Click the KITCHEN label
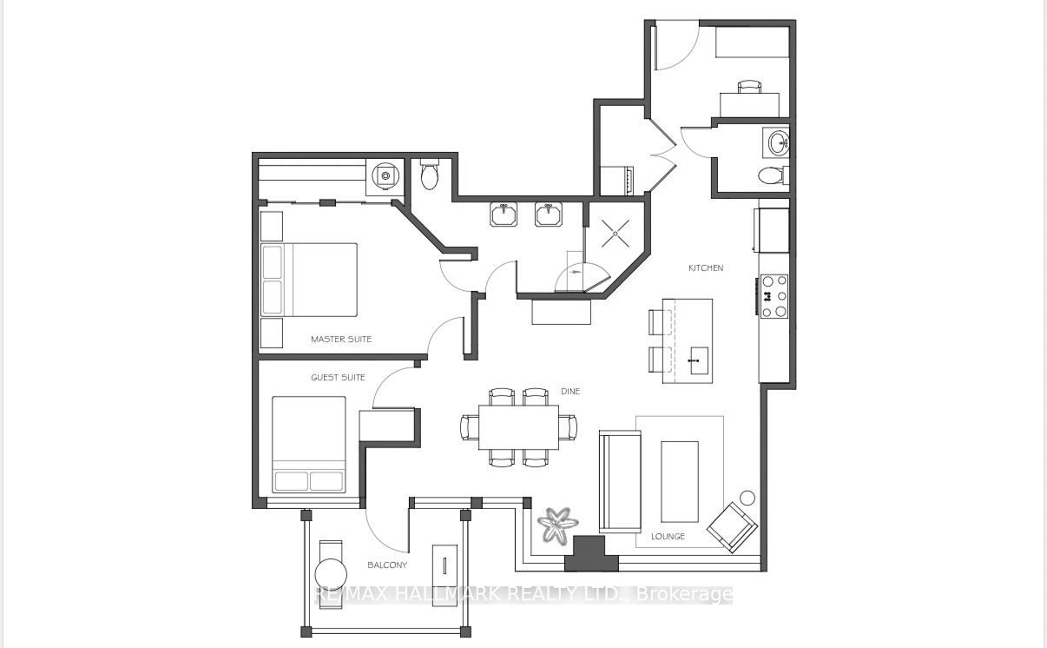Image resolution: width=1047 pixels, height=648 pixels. (706, 268)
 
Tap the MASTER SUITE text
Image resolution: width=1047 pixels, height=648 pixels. (341, 339)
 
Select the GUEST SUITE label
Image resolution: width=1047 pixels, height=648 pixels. (338, 377)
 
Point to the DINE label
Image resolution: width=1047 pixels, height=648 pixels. (570, 392)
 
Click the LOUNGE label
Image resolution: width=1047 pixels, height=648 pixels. (668, 536)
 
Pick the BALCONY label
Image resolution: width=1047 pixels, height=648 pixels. (387, 565)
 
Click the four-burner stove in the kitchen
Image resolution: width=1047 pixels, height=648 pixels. (774, 296)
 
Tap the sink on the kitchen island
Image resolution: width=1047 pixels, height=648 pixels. (699, 360)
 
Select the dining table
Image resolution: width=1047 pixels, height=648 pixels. (518, 427)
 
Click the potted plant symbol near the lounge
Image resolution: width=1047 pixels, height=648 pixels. (557, 525)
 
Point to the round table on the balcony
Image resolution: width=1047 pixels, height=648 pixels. (331, 574)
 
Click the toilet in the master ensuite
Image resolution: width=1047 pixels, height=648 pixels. (429, 174)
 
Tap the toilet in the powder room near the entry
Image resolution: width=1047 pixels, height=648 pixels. (772, 175)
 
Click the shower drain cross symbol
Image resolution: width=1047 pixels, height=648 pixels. (616, 234)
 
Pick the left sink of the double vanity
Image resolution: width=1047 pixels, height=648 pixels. (504, 215)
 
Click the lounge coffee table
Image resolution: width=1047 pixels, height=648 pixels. (680, 481)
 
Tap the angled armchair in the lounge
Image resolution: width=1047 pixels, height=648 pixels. (732, 527)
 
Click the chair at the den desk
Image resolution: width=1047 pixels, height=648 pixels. (749, 87)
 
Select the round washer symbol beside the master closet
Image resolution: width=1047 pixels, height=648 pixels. (385, 175)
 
